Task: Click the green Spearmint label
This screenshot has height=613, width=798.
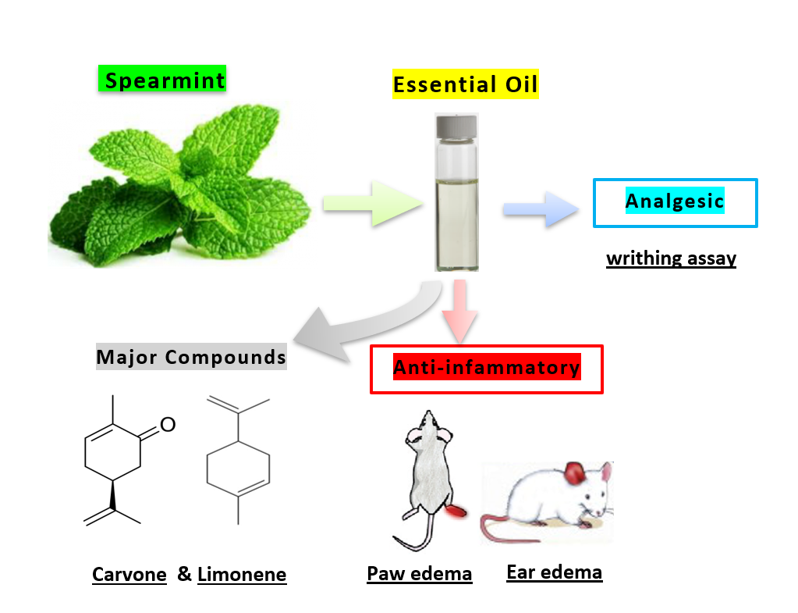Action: [x=163, y=80]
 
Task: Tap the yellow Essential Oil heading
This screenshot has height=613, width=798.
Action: [x=466, y=84]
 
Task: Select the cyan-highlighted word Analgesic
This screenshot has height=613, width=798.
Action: [x=675, y=201]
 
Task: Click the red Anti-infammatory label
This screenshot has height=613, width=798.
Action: [x=487, y=367]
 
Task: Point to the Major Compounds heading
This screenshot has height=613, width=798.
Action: [x=191, y=358]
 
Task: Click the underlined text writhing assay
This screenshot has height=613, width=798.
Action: [x=671, y=258]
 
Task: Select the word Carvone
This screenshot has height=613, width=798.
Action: [x=129, y=576]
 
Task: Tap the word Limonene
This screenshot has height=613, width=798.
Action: [x=242, y=576]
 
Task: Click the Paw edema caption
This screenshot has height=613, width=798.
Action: [x=420, y=574]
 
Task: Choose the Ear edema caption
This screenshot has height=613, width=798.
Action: [x=554, y=572]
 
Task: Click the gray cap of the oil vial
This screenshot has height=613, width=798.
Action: [x=456, y=125]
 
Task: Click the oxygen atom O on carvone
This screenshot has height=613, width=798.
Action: [x=168, y=425]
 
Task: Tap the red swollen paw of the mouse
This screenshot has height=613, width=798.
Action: [x=456, y=511]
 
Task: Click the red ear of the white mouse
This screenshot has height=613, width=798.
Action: [x=576, y=473]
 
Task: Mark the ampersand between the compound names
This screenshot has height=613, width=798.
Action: [x=184, y=574]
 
